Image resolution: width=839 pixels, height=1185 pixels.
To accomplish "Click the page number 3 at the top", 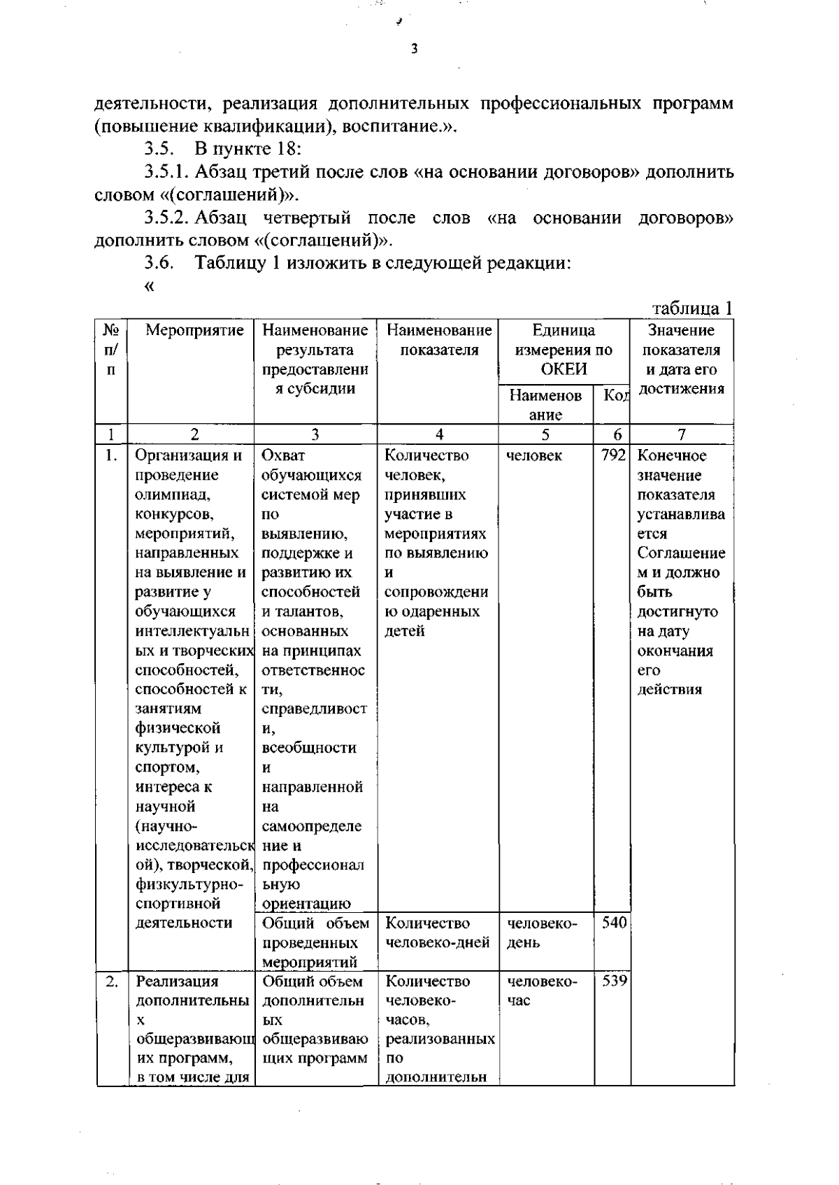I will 415,49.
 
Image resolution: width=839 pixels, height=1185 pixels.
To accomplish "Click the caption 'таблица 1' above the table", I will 692,308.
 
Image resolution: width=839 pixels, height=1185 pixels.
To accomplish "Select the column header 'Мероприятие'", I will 194,330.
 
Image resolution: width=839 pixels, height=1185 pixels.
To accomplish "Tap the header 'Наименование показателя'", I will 439,340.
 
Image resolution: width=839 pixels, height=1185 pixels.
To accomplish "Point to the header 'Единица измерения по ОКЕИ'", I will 564,350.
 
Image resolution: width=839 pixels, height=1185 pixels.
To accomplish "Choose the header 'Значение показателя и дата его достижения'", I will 682,360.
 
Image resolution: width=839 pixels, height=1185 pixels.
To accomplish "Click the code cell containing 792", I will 612,455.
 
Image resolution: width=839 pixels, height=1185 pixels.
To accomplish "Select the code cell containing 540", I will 613,923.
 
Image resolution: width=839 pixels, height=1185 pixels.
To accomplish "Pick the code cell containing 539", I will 613,981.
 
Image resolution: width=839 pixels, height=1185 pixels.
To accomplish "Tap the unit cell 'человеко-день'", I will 542,933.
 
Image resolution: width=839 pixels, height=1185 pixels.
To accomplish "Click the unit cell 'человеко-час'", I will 542,991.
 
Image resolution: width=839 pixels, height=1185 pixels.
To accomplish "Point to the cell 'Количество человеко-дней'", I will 437,933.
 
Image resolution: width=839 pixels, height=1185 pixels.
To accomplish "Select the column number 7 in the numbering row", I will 682,434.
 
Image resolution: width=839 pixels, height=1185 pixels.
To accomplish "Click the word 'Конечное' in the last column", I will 672,455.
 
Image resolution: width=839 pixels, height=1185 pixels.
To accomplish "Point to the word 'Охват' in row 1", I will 283,455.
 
